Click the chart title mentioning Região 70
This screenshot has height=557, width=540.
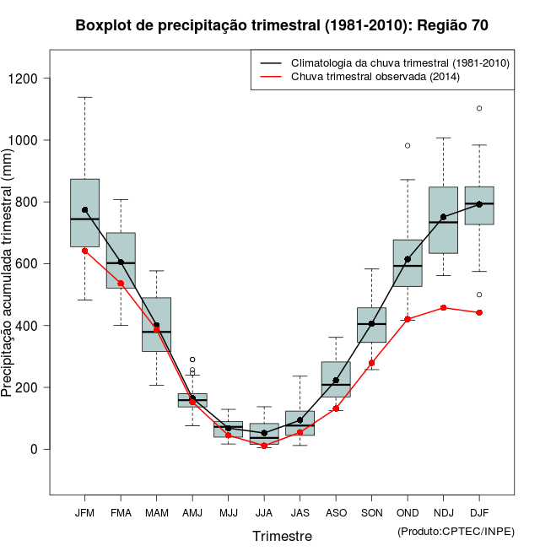tap(282, 25)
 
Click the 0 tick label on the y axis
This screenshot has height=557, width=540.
tap(35, 449)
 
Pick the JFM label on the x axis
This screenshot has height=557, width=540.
tap(84, 513)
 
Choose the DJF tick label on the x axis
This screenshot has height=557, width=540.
tap(479, 513)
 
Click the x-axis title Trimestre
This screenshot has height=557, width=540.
tap(282, 536)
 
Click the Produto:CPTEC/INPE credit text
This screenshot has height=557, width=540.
tap(456, 531)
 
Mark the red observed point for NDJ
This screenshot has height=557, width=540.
tap(444, 308)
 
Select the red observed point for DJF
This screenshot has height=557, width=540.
tap(479, 312)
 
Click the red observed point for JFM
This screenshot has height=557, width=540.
tap(84, 251)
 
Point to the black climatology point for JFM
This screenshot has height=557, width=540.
tap(84, 210)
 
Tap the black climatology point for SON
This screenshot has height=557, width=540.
tap(371, 323)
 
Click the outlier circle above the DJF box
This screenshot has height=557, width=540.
tap(479, 108)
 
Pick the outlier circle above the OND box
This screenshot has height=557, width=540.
tap(408, 145)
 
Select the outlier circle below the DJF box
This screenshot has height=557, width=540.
tap(479, 295)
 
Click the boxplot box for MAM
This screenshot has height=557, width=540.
tap(156, 324)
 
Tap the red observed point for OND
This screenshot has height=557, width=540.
tap(408, 319)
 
